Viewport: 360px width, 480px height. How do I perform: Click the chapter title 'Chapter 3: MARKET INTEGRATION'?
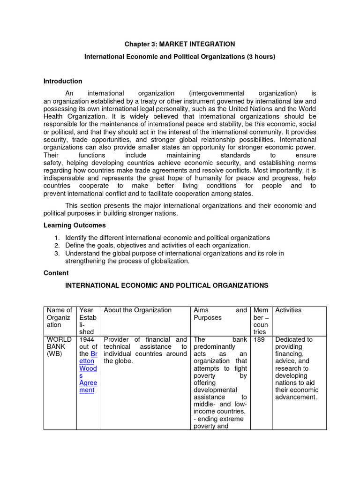click(x=180, y=44)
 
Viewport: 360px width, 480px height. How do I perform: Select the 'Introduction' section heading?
click(x=63, y=81)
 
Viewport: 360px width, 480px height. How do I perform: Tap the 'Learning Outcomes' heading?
click(x=75, y=225)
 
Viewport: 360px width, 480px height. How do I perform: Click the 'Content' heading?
click(x=56, y=273)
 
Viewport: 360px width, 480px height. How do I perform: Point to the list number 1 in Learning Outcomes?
click(x=56, y=238)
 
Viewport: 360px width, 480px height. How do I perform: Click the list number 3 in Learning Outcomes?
click(x=56, y=254)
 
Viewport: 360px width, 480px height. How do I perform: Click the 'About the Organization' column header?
click(x=138, y=310)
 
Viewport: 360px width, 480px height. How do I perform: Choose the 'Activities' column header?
click(x=288, y=310)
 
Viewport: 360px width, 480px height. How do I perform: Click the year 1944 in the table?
click(x=87, y=339)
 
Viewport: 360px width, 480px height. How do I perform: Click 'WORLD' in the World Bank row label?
click(x=58, y=339)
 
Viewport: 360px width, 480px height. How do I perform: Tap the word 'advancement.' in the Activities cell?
click(x=296, y=397)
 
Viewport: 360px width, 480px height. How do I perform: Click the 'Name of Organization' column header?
click(x=59, y=317)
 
